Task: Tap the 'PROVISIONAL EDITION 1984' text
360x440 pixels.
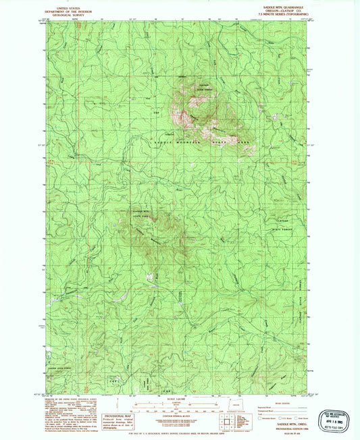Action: pyautogui.click(x=286, y=429)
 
